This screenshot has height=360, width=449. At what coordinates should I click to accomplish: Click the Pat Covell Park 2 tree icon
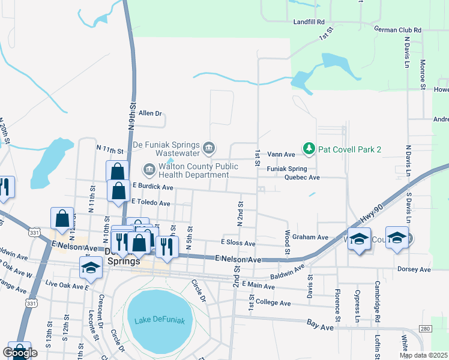(x=309, y=148)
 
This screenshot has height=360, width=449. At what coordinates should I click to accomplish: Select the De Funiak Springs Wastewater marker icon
(x=209, y=148)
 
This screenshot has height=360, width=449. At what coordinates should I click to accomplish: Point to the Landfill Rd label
(x=309, y=22)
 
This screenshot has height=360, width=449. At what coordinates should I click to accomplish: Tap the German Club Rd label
(x=397, y=29)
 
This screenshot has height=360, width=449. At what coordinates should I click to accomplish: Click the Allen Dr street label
(x=150, y=113)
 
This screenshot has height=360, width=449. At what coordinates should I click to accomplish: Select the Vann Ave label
(x=281, y=154)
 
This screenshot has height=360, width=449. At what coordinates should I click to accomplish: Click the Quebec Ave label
(x=302, y=178)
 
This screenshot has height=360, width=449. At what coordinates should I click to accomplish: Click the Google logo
(x=20, y=353)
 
